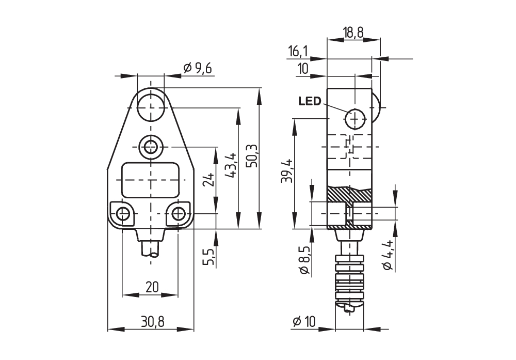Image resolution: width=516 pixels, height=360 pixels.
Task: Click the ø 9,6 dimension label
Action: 198,68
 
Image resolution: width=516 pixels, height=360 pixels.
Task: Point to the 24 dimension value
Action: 208,179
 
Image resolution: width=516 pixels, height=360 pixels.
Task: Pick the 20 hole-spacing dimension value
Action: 152,287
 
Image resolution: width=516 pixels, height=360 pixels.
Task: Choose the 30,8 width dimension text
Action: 152,322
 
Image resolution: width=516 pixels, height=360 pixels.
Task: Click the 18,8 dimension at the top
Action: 353,32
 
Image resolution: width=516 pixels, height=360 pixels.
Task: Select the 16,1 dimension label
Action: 298,51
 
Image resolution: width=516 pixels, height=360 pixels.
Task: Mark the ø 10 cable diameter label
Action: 304,322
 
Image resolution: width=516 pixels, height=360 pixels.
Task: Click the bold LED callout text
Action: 310,101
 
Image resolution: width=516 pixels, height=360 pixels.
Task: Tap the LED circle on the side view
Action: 355,119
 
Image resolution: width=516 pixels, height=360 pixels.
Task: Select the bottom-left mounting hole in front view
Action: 122,213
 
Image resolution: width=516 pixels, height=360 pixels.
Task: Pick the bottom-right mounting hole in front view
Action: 179,213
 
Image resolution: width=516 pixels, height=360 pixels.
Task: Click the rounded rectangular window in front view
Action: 151,179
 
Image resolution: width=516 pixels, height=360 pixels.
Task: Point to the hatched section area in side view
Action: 348,195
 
